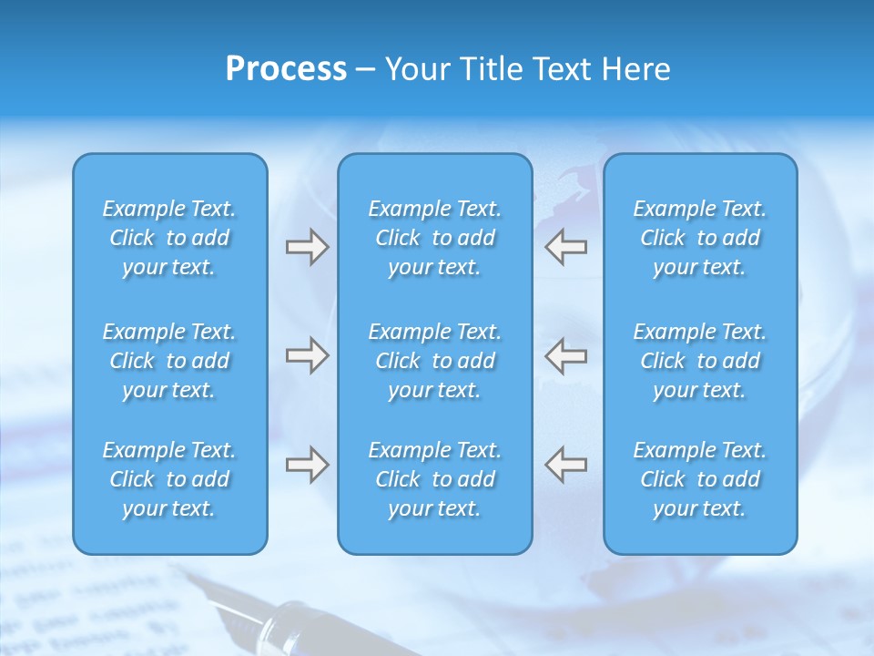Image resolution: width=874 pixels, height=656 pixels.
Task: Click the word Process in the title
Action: click(x=286, y=69)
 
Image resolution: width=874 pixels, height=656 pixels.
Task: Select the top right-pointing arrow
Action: click(x=307, y=247)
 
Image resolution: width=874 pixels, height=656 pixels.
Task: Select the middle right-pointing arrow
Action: click(x=307, y=355)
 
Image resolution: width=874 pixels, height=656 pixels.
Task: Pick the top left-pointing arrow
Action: click(x=566, y=247)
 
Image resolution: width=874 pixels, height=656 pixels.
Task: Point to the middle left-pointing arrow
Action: click(x=566, y=355)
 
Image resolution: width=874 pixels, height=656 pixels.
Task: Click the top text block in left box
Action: click(x=169, y=238)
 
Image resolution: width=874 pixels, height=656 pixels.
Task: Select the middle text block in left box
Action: click(x=169, y=361)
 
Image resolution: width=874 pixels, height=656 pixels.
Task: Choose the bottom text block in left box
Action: click(x=169, y=479)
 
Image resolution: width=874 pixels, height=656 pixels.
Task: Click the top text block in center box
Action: click(x=434, y=238)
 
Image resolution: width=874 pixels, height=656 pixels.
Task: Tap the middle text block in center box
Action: click(x=434, y=361)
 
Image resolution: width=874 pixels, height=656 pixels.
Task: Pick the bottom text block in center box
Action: click(x=434, y=479)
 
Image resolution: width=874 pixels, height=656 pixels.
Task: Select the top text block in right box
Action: click(x=699, y=238)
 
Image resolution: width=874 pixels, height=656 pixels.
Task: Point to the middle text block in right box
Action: click(x=699, y=361)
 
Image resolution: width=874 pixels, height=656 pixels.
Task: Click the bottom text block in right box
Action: click(x=699, y=479)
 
